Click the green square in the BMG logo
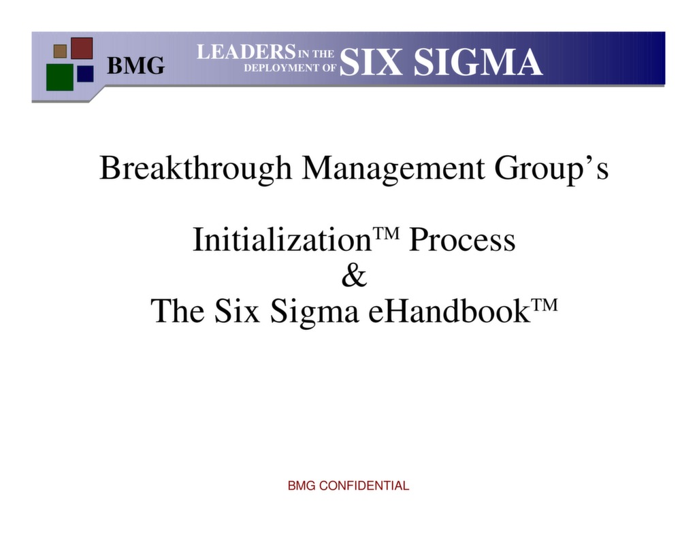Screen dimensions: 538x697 tap(59, 77)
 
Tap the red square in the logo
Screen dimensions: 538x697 tap(82, 48)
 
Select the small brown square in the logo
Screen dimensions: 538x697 tap(60, 51)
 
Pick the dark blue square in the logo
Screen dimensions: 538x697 tap(85, 73)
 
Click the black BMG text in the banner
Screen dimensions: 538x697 tap(136, 66)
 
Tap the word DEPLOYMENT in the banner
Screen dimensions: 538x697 tap(280, 68)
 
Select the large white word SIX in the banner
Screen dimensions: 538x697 tap(372, 63)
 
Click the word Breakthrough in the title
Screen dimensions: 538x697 tap(195, 168)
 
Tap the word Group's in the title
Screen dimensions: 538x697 tap(551, 168)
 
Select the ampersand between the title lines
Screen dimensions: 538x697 tap(353, 276)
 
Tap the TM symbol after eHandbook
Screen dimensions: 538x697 tap(545, 304)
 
